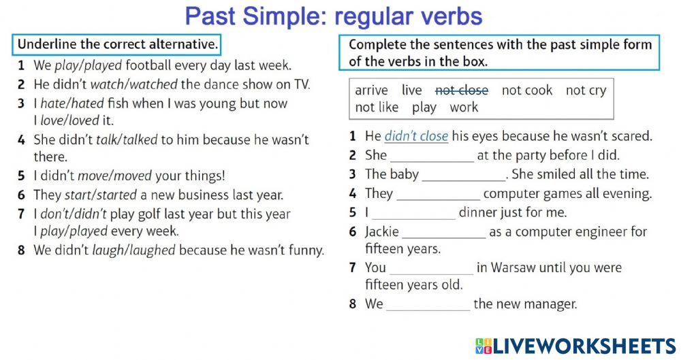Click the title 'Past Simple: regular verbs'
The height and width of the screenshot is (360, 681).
point(334,16)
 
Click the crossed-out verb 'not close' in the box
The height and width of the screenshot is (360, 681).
point(461,90)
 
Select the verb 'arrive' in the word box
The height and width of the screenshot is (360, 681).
point(371,90)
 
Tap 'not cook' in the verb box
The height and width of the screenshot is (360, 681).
point(526,90)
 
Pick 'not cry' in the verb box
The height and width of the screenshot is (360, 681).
point(585,90)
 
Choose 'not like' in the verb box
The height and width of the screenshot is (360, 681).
point(377,108)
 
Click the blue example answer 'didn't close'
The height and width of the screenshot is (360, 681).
point(416,136)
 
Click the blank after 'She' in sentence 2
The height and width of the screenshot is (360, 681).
point(432,156)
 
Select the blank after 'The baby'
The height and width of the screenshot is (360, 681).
point(464,175)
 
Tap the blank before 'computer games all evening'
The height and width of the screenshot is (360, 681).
point(438,194)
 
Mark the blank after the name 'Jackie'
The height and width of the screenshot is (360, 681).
point(444,232)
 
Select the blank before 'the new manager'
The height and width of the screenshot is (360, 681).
point(428,304)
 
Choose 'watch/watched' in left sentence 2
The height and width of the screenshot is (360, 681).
point(133,85)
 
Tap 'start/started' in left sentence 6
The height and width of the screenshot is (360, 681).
point(101,195)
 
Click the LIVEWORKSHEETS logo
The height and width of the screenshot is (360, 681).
point(575,345)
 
